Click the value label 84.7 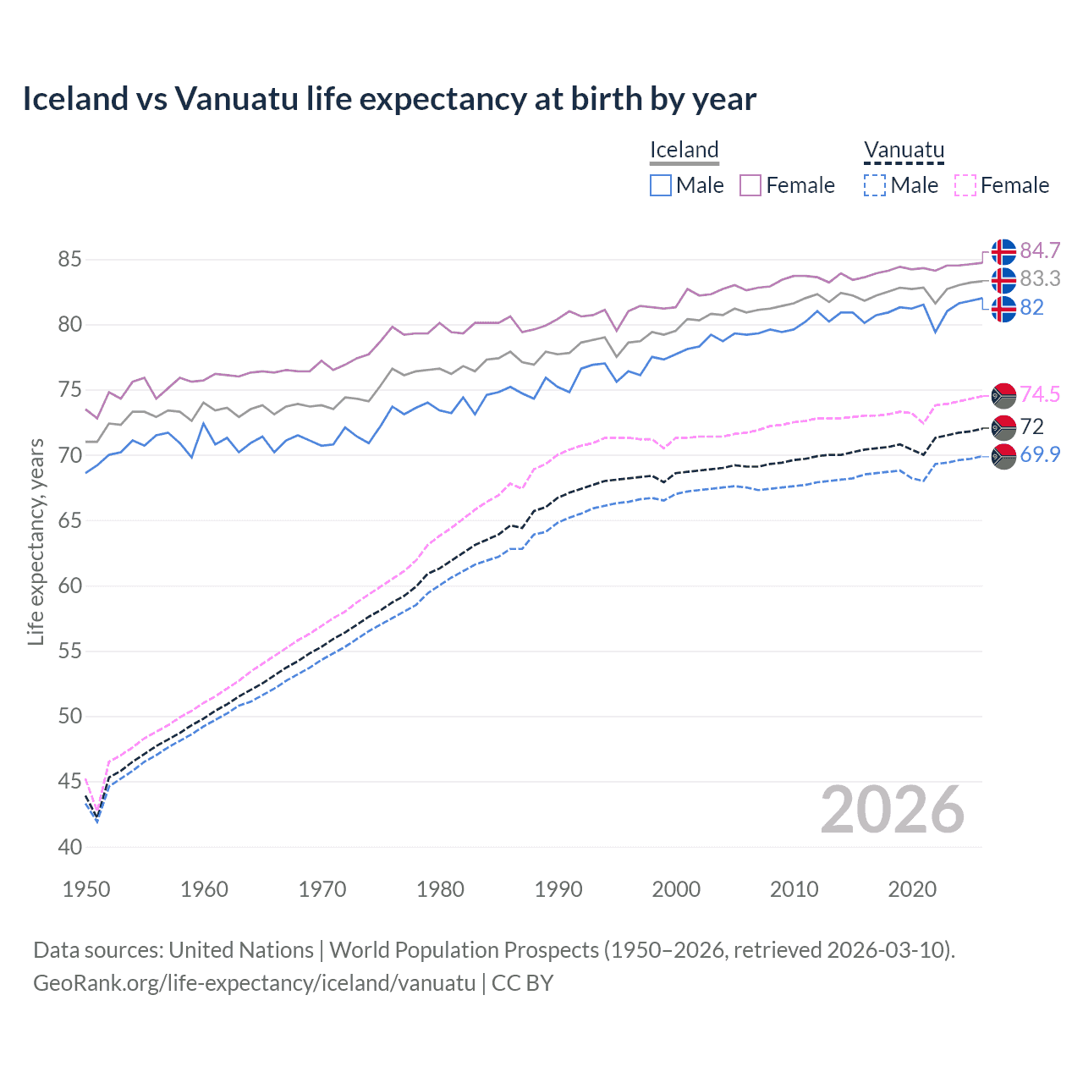tap(1040, 250)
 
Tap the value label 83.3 tap(1040, 278)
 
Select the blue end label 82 tap(1031, 307)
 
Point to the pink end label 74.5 tap(1040, 394)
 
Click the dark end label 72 tap(1031, 426)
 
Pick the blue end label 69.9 tap(1040, 454)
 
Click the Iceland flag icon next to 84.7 tap(1003, 252)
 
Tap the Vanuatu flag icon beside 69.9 tap(1003, 456)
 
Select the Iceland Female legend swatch tap(750, 185)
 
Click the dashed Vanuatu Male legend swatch tap(875, 185)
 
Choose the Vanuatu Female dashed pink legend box tap(965, 185)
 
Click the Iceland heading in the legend tap(684, 150)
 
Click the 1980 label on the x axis tap(440, 889)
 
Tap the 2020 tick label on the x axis tap(912, 889)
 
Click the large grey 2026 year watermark tap(892, 810)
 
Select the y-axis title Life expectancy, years tap(36, 541)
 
